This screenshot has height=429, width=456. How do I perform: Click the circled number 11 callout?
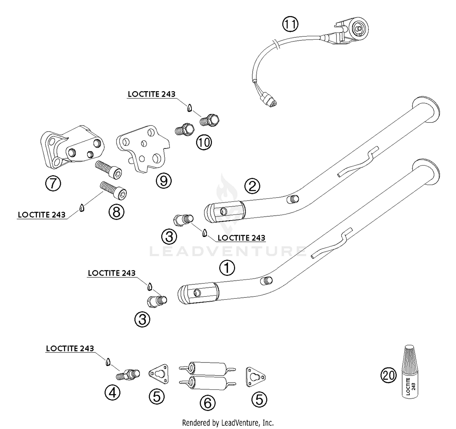coord(290,24)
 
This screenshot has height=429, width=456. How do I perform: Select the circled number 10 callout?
coord(204,142)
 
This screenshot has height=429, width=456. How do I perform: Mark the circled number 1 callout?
coord(227,268)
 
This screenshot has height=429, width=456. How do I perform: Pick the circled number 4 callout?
coord(112,393)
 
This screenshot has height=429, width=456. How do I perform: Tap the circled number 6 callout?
coord(207,403)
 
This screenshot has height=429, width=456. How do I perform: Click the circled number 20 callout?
coord(389,376)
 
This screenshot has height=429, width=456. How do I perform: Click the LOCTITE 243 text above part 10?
coord(151,94)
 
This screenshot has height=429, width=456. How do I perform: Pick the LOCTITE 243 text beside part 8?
coord(42,215)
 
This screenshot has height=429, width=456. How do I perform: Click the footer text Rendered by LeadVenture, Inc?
coord(228,423)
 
